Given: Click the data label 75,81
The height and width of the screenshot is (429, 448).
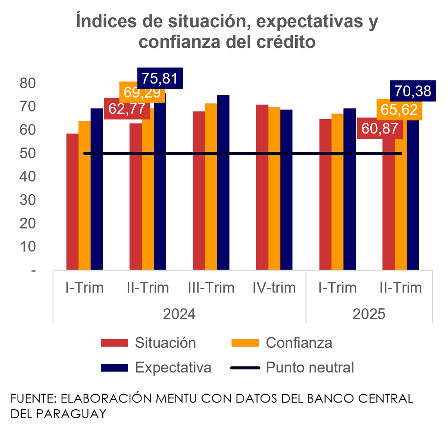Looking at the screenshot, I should tap(160, 78).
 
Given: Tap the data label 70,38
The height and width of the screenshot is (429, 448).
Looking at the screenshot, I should tap(413, 91).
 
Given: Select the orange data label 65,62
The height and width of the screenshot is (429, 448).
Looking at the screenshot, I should tap(399, 110).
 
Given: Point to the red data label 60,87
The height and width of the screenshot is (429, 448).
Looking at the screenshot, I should tap(380, 129).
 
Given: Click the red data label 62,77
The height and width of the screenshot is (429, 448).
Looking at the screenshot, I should tap(127, 109).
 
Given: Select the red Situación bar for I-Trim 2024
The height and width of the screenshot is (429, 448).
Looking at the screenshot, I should tap(72, 201).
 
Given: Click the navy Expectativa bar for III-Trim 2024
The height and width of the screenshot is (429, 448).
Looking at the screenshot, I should tap(223, 183).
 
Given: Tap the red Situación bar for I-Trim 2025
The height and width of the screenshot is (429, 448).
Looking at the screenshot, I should tap(326, 194).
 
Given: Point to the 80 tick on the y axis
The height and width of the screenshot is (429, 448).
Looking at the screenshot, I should tap(28, 83).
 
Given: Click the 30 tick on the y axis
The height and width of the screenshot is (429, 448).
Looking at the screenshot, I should tap(28, 200).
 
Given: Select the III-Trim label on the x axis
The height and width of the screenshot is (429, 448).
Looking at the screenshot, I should tap(211, 288).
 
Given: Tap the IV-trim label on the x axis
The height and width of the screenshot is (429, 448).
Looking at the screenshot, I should tap(274, 288).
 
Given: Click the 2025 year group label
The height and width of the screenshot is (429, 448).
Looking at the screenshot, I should tap(369, 314).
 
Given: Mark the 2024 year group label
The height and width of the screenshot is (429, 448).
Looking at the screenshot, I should tap(179, 314).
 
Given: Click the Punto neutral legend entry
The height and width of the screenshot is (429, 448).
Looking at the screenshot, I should tap(309, 368).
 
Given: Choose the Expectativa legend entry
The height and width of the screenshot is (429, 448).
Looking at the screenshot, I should tap(173, 368).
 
